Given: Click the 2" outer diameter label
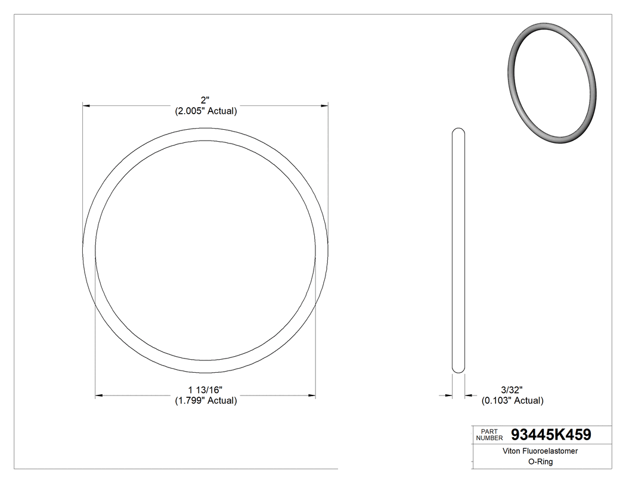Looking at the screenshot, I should click(206, 100).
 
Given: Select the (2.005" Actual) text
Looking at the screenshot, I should click(206, 111).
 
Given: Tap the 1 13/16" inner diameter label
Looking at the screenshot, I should click(206, 389).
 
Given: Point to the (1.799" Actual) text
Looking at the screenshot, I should click(206, 401).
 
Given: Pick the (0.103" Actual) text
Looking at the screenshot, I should click(512, 401).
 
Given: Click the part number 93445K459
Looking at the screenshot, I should click(551, 434).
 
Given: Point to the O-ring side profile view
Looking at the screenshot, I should click(458, 250).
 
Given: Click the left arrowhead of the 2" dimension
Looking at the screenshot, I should click(86, 106).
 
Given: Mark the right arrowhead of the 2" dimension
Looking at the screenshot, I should click(325, 106).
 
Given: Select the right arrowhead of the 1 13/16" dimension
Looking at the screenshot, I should click(312, 395).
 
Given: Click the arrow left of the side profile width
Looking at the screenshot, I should click(448, 395).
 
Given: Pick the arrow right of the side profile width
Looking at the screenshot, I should click(469, 395).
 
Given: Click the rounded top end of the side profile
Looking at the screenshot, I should click(458, 130).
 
